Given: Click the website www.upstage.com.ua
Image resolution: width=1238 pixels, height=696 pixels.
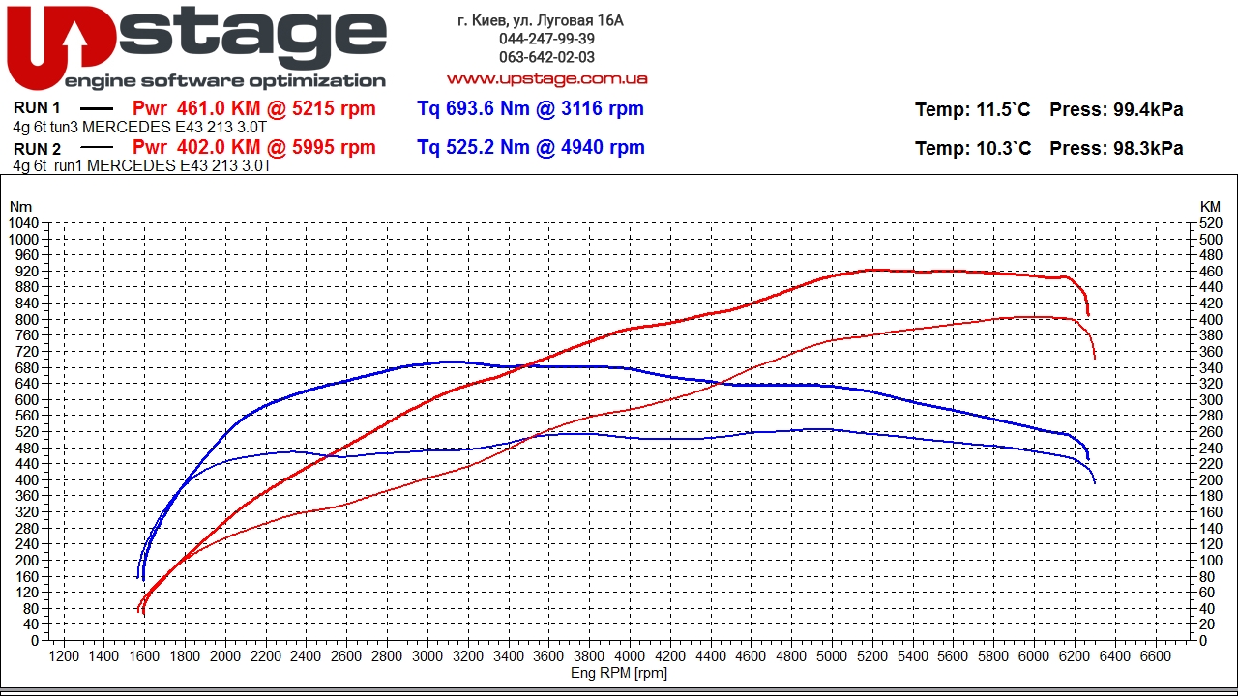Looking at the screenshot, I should (x=546, y=78).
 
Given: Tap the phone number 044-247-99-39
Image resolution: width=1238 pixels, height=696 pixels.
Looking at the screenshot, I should (x=546, y=39).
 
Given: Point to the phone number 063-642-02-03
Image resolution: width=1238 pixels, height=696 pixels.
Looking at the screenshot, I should (x=546, y=57).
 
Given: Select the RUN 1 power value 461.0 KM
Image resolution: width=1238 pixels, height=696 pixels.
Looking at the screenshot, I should (x=253, y=108).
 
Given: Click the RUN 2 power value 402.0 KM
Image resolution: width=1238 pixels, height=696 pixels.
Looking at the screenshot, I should (x=253, y=147).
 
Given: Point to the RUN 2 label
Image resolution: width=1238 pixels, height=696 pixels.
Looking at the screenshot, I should (x=38, y=149).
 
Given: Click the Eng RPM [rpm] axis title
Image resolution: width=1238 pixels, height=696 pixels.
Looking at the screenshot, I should (x=619, y=673).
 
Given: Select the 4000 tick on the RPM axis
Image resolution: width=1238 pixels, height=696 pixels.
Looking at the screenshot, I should (x=630, y=656).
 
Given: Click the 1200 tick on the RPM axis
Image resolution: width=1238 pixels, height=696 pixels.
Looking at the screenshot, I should (x=64, y=656).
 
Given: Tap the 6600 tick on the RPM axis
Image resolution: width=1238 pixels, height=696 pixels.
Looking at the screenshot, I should (x=1155, y=656).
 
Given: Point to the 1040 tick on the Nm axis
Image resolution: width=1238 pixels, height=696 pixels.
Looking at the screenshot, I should (x=23, y=223).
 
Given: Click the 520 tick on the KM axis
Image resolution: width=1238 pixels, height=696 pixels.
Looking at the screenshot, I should (x=1210, y=223).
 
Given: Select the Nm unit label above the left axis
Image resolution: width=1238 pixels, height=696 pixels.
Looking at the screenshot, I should (x=20, y=206).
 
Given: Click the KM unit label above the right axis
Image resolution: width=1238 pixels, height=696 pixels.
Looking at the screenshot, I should (x=1210, y=206).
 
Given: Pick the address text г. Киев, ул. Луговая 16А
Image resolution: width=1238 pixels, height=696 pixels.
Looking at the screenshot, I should (x=541, y=20).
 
